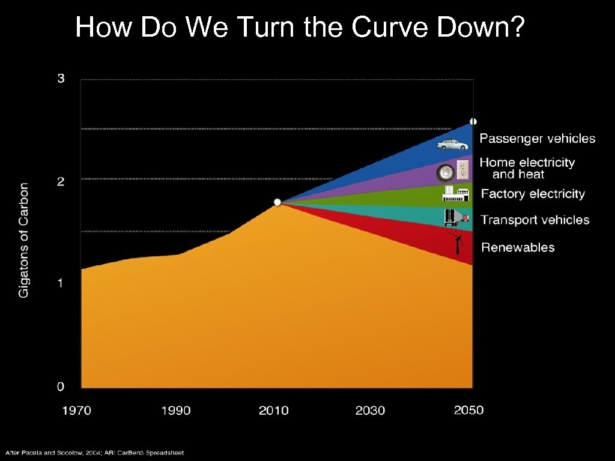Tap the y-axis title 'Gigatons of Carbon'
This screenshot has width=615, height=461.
point(23,240)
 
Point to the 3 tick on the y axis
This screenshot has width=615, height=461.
point(61,79)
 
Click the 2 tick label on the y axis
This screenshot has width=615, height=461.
point(61,181)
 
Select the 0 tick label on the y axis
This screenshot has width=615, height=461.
point(61,385)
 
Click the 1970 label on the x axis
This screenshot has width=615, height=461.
point(77,411)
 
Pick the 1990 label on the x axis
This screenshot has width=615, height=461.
point(176,411)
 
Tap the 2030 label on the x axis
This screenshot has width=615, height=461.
point(370,411)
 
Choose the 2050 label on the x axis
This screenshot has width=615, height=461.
point(468,410)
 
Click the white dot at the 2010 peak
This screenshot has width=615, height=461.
point(277,202)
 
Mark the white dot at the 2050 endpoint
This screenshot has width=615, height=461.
point(473,121)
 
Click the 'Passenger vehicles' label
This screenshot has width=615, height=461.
point(538,139)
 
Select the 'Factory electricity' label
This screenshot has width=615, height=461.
point(533,194)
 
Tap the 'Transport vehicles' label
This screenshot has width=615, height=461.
point(535,220)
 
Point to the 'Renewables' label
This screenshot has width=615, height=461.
point(518,247)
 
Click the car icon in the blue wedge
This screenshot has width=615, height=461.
point(452,144)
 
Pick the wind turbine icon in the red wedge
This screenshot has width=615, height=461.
point(458,243)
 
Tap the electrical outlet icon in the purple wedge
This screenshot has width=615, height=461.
point(462,170)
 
